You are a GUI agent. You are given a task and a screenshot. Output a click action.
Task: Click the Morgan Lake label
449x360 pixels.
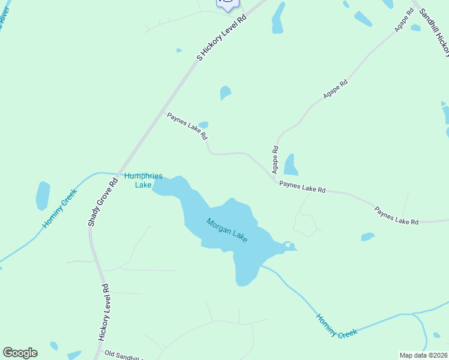point(227,230)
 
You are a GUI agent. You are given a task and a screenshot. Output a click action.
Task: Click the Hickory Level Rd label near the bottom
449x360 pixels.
point(104,313)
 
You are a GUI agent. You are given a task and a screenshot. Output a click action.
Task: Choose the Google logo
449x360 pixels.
point(20,353)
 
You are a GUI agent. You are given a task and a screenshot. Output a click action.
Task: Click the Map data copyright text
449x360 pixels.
point(423,355)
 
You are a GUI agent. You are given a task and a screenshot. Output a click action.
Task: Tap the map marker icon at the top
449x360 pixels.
point(228,4)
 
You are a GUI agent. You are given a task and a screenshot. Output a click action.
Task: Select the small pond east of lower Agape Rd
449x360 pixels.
point(291,164)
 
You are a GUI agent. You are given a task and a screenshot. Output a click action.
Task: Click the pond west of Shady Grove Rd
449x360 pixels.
point(43,196)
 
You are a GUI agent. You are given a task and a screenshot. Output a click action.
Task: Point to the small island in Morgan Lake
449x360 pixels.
point(288,244)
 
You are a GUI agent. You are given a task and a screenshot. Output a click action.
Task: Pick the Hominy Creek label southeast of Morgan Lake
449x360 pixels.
point(337,325)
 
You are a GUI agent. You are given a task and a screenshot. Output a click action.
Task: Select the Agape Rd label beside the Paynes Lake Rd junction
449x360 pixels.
point(276,157)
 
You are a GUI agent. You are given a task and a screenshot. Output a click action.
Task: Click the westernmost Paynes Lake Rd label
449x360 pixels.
point(187,125)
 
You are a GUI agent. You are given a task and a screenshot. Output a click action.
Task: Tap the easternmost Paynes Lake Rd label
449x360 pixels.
point(396,216)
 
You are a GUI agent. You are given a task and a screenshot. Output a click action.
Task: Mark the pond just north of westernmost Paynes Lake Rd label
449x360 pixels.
point(203,124)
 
